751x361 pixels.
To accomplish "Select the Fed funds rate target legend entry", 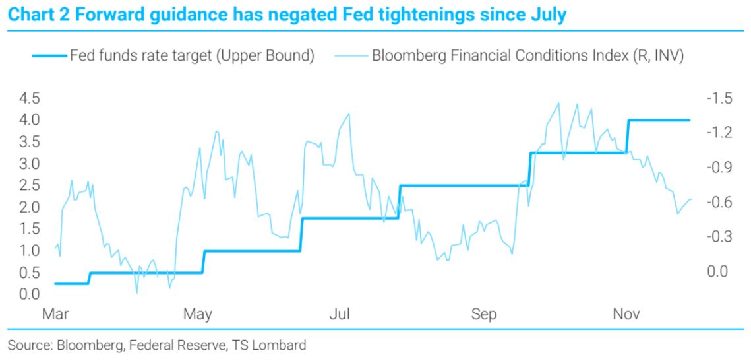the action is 173,55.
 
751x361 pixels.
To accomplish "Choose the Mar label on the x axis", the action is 55,314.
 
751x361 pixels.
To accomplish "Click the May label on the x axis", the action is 198,315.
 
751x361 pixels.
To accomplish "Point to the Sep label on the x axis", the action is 484,315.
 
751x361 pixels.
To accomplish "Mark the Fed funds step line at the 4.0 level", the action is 659,120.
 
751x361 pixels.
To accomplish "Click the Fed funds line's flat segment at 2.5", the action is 465,185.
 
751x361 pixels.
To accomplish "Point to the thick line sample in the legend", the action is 49,56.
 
